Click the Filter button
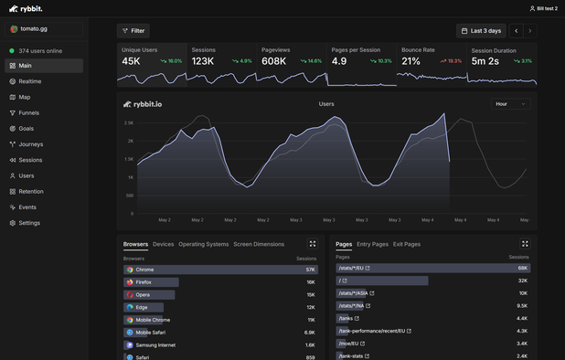[x=133, y=30]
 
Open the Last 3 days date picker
[x=481, y=30]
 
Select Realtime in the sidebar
[x=30, y=81]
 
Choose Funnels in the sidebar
[x=29, y=112]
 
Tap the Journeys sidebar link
[x=30, y=144]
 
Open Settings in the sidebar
[x=29, y=223]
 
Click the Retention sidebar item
[x=31, y=192]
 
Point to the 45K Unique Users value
[x=131, y=61]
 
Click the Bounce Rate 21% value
[x=410, y=61]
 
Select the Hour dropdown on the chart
[x=510, y=104]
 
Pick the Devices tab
[x=163, y=244]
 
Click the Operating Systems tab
[x=203, y=244]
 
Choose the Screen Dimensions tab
[x=259, y=244]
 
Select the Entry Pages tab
[x=372, y=244]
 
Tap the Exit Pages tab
[x=407, y=244]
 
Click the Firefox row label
[x=144, y=282]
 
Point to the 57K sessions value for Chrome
[x=311, y=270]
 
